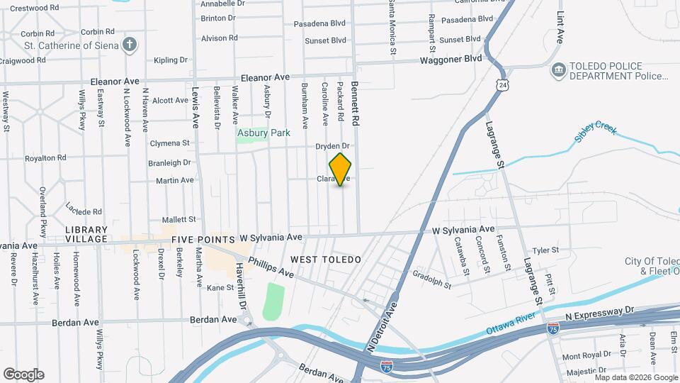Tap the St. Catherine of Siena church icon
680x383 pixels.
129,46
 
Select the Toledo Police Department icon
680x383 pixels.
558,70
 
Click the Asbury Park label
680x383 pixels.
263,133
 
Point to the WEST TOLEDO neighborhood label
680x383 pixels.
325,260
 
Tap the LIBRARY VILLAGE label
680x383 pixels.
86,235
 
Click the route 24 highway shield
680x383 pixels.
502,85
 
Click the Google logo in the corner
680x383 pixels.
23,374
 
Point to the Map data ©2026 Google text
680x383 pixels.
635,377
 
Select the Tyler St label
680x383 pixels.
545,250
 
